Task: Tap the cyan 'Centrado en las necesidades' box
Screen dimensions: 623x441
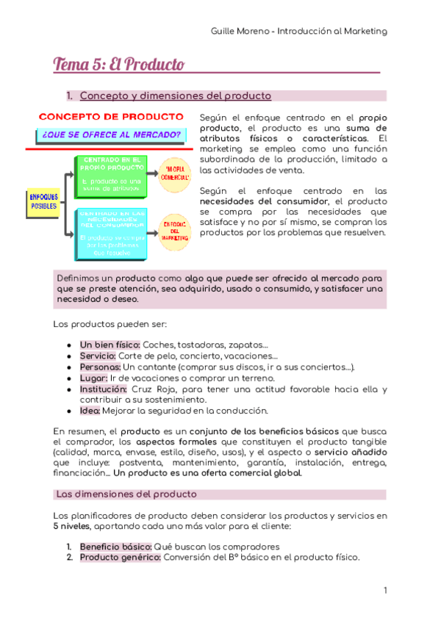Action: [x=112, y=234]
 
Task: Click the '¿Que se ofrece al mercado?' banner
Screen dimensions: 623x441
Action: [x=111, y=134]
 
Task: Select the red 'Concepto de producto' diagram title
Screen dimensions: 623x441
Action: [x=110, y=117]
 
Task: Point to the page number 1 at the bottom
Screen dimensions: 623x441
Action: [x=384, y=591]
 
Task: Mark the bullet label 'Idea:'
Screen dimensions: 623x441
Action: [x=91, y=411]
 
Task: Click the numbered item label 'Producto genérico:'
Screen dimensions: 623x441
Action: [x=120, y=558]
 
